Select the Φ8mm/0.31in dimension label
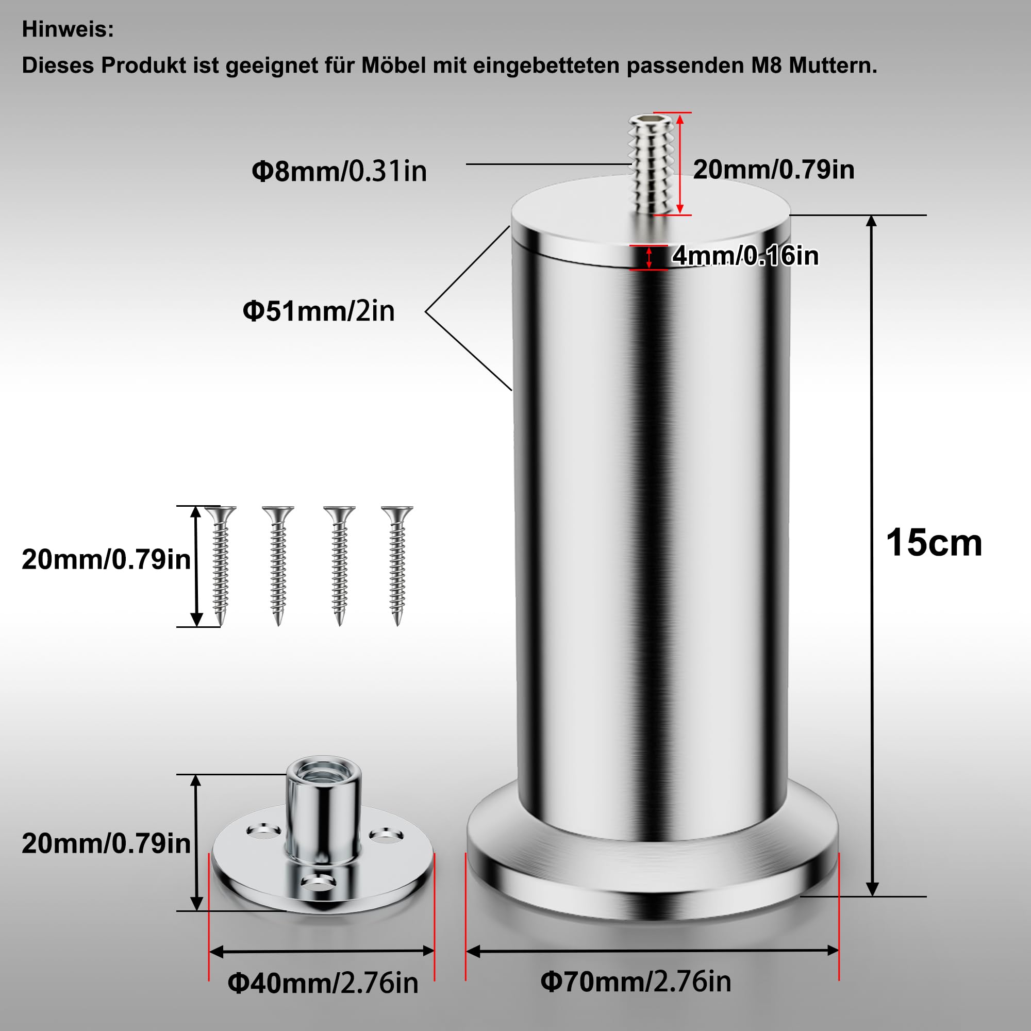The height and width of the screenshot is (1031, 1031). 339,171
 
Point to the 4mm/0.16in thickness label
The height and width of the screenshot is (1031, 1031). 745,256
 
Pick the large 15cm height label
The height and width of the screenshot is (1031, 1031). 934,543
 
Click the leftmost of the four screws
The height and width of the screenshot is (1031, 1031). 221,566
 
